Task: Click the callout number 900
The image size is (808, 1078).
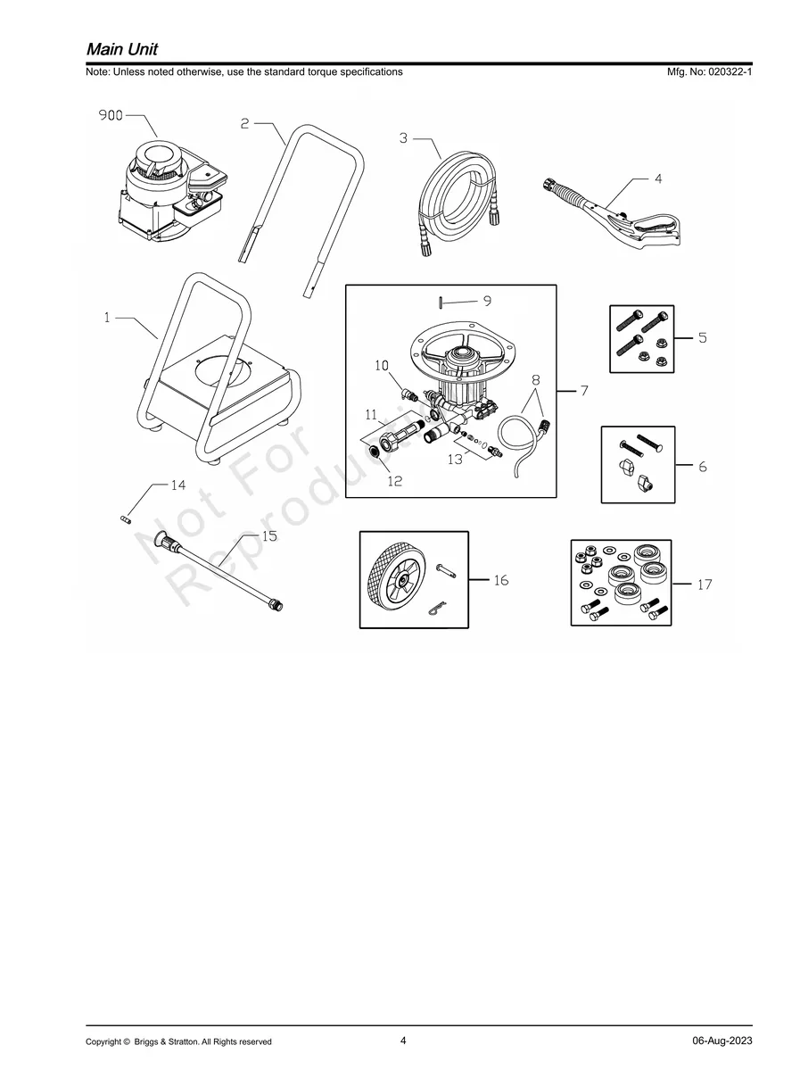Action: pos(110,115)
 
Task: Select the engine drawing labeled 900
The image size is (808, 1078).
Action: pos(165,192)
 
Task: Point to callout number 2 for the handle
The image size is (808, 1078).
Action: pos(244,124)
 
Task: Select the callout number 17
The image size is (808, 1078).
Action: pos(705,585)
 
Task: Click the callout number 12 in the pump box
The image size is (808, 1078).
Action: pos(394,481)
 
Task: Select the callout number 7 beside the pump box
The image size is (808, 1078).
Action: pos(583,391)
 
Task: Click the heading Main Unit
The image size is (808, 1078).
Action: pos(122,49)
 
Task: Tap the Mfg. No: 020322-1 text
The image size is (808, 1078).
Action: pos(709,72)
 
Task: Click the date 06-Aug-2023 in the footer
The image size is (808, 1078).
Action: pos(721,1041)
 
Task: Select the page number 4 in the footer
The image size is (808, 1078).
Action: pos(403,1041)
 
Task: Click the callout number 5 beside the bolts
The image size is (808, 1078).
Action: pos(702,338)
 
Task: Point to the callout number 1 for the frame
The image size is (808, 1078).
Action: pos(107,317)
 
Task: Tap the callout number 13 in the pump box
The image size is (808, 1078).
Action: pos(455,460)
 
